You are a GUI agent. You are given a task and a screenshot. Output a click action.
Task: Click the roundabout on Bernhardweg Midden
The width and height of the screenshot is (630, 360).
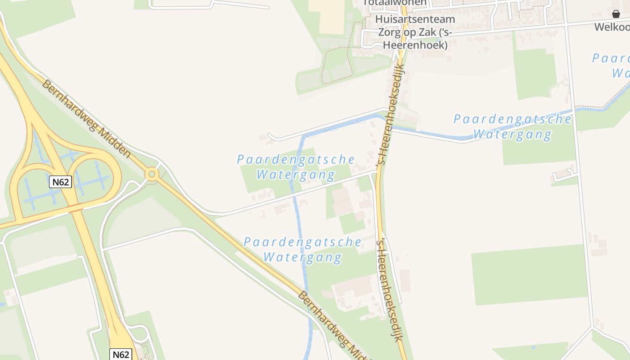click(x=152, y=174)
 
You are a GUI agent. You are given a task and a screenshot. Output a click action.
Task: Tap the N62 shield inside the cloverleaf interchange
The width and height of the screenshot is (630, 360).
click(x=60, y=182)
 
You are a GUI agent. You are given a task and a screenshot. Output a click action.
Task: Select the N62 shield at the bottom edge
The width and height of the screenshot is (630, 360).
click(x=121, y=354)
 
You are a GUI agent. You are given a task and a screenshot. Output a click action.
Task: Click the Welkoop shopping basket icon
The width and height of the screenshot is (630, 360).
click(x=616, y=14)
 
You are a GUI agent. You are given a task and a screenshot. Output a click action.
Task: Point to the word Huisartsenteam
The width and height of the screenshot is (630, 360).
click(x=415, y=20)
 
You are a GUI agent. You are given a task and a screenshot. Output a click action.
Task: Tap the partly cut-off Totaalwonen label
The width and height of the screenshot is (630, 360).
click(x=395, y=3)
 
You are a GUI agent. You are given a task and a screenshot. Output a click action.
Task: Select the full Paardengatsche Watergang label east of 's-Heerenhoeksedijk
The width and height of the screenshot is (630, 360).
click(x=512, y=126)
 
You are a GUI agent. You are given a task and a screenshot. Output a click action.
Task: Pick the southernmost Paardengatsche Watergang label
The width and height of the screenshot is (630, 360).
click(x=302, y=250)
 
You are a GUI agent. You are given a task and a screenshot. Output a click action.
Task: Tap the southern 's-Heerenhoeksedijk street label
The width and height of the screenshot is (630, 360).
click(x=389, y=290)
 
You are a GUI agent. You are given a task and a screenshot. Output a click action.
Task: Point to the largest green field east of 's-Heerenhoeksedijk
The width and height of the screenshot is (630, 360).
click(x=529, y=274)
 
